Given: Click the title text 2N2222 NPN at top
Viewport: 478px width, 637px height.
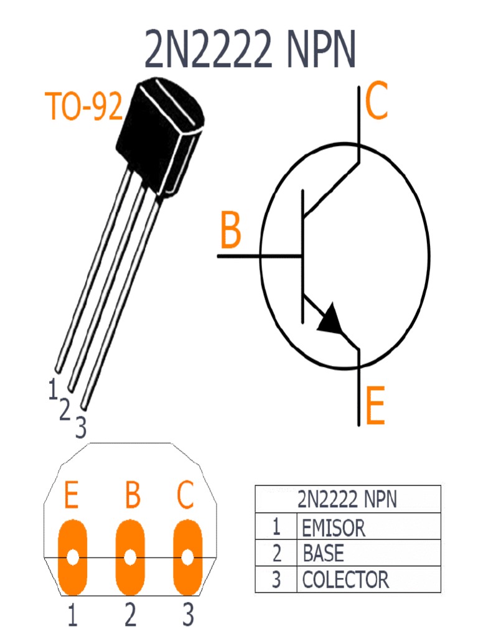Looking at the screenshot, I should coord(251,49).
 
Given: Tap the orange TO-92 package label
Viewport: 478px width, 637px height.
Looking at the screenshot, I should coord(84,107).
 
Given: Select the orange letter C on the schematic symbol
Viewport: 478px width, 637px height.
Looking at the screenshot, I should coord(377,103).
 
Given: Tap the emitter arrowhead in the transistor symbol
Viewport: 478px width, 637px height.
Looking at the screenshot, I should coord(330,318).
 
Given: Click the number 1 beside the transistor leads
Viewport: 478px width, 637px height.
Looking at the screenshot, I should coord(54,389).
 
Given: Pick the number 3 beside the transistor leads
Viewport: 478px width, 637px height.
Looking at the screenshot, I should coord(80,427).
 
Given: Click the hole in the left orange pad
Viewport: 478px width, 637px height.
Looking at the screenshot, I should coord(73,557).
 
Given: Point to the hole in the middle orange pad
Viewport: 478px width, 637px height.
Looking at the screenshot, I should coord(130,557).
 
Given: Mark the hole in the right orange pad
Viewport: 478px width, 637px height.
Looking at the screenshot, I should coord(187,557).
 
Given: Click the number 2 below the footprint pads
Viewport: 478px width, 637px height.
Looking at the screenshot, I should coord(130,616).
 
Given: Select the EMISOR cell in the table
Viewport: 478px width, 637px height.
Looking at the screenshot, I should coord(334,528).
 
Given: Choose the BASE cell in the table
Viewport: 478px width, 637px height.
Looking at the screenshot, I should coord(323,553).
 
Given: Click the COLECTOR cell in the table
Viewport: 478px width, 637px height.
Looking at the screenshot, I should coord(345,580).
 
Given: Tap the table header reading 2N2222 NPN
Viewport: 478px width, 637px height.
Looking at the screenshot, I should coord(347,500).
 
